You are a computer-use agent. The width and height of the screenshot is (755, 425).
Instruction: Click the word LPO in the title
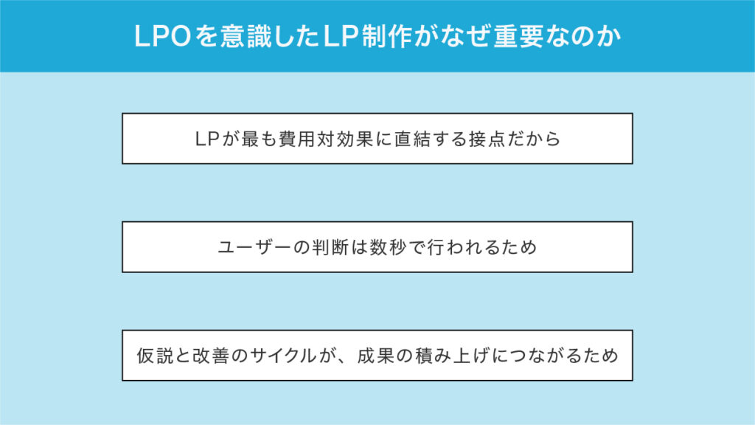[x=163, y=37]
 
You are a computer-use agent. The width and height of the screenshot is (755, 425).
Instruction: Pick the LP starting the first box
[x=207, y=139]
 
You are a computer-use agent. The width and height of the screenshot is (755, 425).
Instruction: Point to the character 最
[x=251, y=139]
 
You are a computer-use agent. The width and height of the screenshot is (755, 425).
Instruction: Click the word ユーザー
[x=254, y=247]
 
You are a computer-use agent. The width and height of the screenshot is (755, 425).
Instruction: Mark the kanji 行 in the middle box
[x=436, y=247]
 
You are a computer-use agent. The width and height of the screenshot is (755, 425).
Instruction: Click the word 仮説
[x=155, y=356]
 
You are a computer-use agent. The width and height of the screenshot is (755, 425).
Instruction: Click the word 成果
[x=375, y=356]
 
